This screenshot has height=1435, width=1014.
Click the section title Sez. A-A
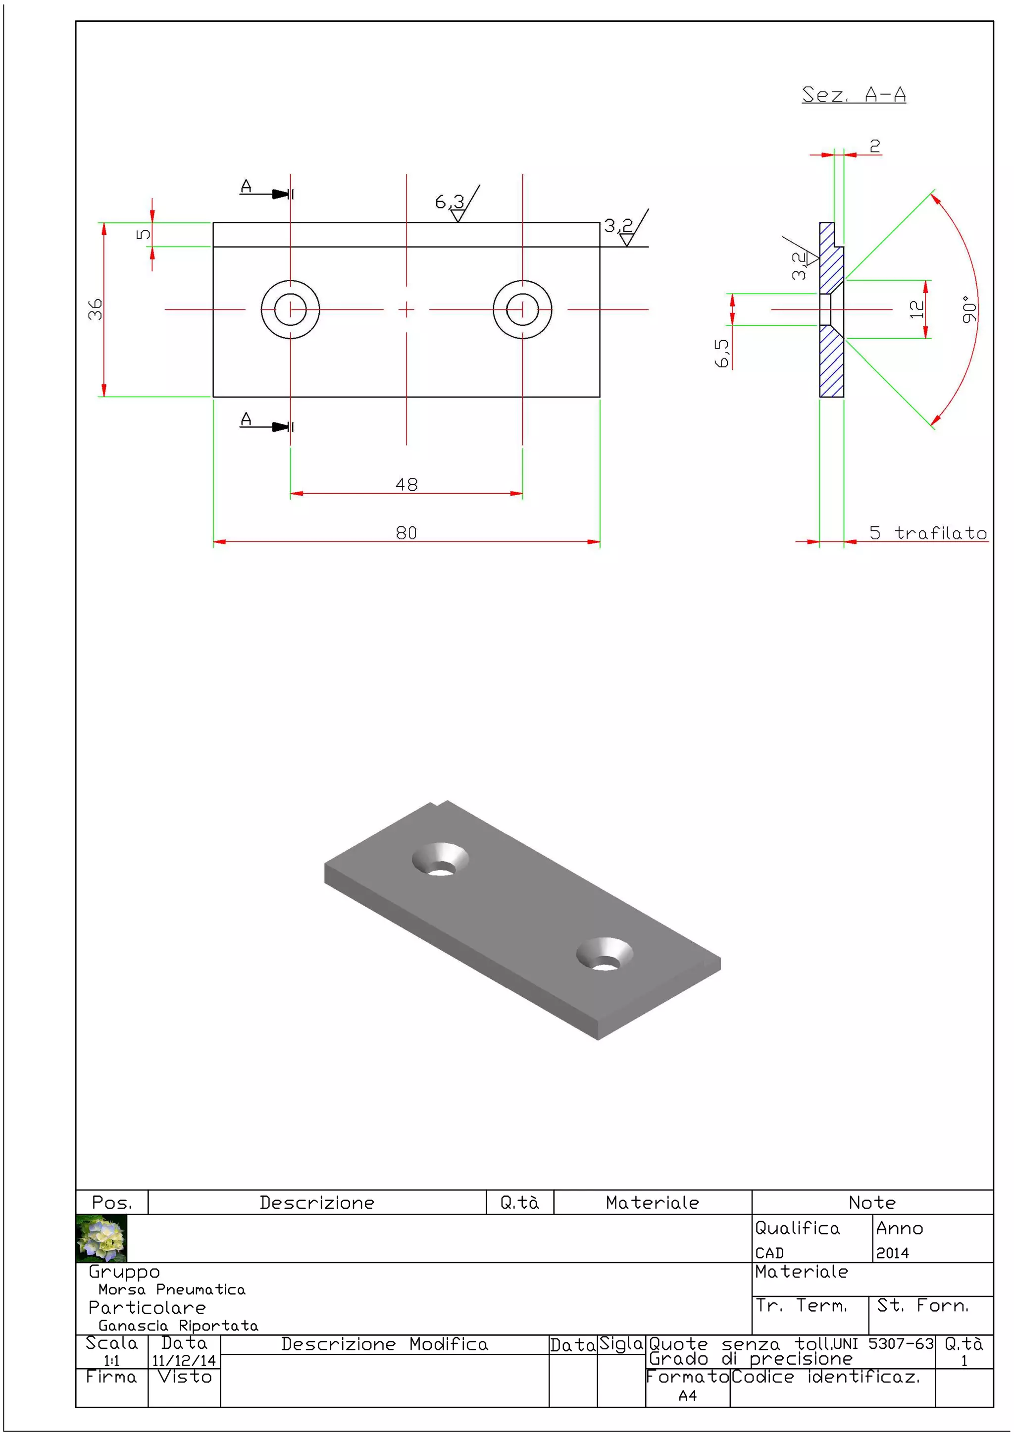coord(854,95)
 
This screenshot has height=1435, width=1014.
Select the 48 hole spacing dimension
coord(406,484)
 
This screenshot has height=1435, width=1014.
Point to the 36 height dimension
coord(95,309)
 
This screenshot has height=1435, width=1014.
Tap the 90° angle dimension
coord(968,309)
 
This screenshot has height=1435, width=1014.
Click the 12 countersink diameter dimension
coord(916,309)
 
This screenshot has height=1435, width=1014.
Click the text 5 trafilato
coord(928,533)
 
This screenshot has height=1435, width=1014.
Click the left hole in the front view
coord(291,309)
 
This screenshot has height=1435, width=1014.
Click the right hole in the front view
coord(522,309)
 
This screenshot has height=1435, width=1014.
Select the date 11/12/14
coord(184,1361)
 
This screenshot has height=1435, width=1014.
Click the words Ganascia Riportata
coord(178,1326)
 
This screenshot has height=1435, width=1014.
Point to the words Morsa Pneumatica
coord(172,1289)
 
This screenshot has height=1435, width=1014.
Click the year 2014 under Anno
coord(892,1253)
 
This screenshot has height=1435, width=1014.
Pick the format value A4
coord(687,1395)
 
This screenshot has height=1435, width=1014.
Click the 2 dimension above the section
coord(875,146)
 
